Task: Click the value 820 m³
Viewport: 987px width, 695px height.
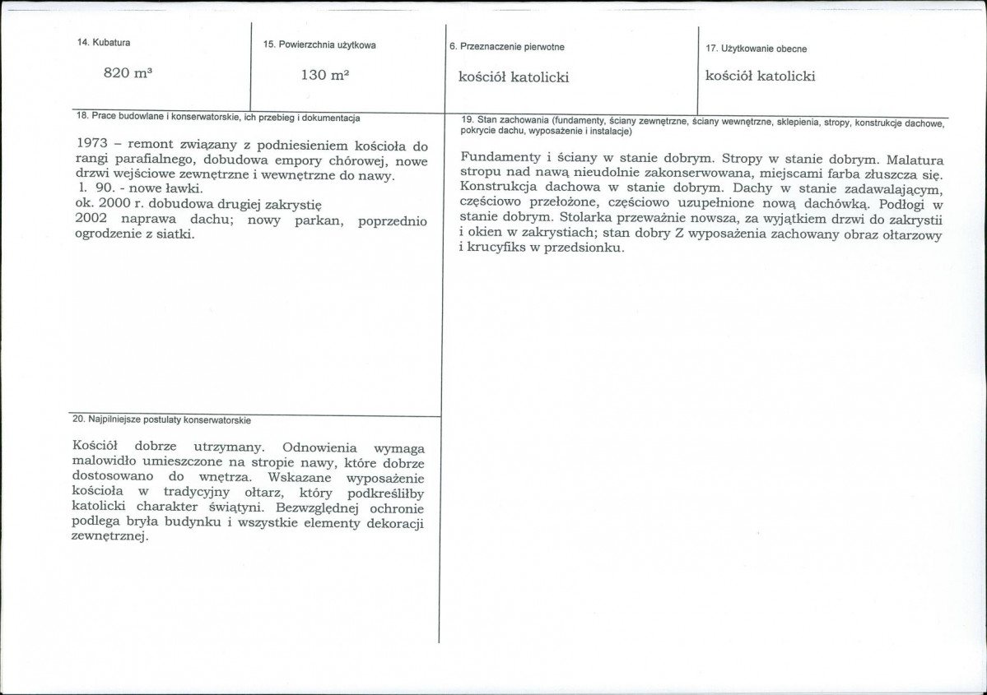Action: (x=128, y=73)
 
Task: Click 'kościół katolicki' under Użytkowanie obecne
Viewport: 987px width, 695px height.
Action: (x=760, y=76)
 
